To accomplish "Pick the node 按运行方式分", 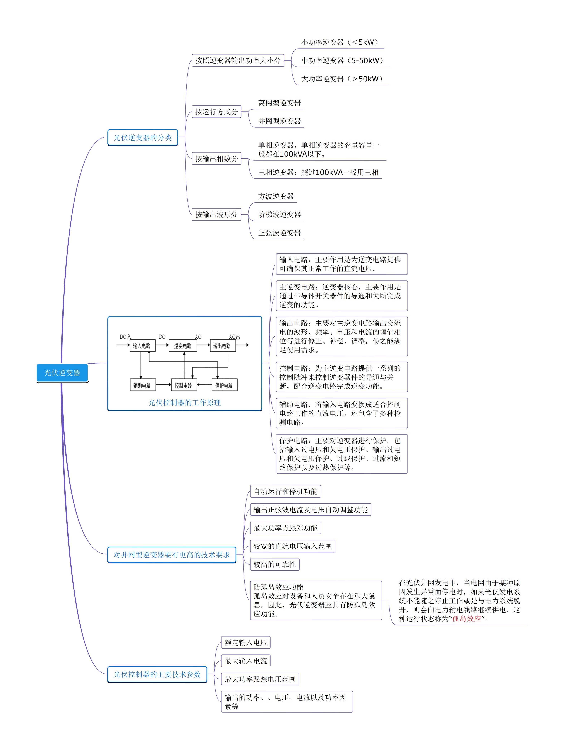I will (216, 112).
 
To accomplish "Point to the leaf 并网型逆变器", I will (279, 121).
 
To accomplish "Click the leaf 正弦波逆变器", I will (279, 233).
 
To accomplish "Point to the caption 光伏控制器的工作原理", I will (184, 402).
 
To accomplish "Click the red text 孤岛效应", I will (466, 619).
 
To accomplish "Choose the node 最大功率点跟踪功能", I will (285, 528).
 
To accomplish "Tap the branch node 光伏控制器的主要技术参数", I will (157, 674).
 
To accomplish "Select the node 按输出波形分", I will (216, 214).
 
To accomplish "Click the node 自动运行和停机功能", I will (285, 491).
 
